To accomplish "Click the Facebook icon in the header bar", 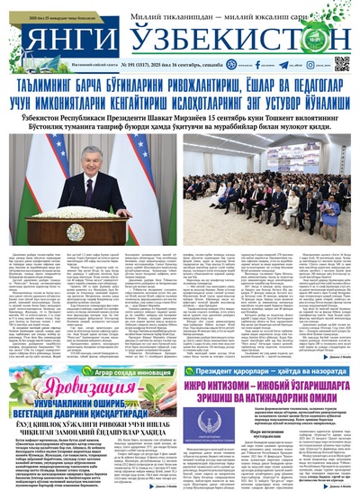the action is [x=258, y=65].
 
